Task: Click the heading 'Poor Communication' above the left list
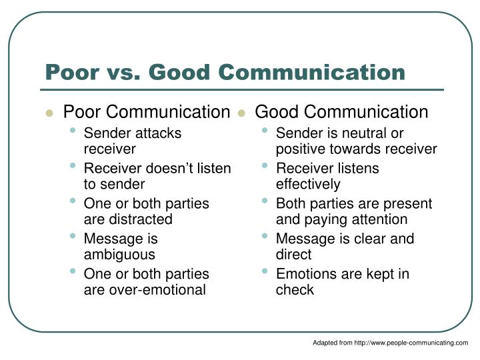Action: tap(146, 112)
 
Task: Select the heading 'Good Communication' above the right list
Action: tap(342, 112)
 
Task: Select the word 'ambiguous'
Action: tap(119, 254)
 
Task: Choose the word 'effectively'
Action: tap(308, 184)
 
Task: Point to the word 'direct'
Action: tap(293, 254)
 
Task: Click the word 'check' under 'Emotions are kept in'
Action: tap(295, 289)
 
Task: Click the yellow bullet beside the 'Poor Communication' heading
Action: tap(49, 113)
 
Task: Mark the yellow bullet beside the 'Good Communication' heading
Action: tap(242, 113)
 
